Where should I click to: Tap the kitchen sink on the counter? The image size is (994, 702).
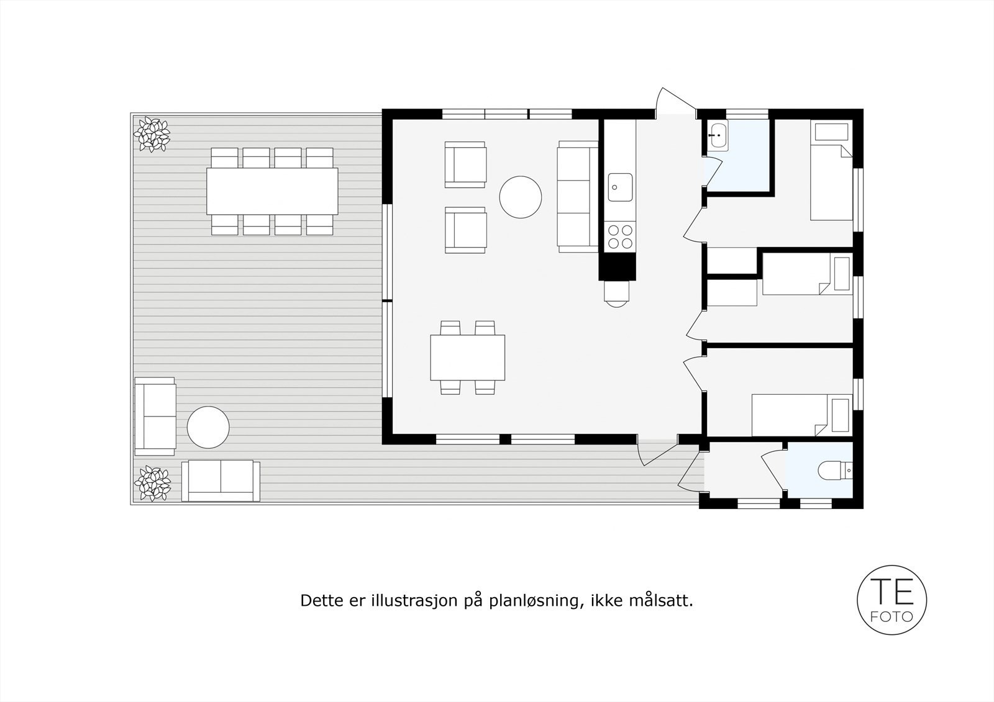click(x=620, y=187)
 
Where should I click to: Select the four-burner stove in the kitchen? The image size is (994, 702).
click(x=620, y=236)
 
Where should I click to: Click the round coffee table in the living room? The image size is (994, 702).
click(x=520, y=197)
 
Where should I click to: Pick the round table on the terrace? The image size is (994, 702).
click(x=208, y=427)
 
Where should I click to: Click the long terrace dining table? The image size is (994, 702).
click(x=272, y=191)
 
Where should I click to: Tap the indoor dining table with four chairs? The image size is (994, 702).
click(x=467, y=358)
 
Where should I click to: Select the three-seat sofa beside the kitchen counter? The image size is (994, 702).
click(x=578, y=197)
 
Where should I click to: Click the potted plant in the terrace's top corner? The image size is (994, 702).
click(x=152, y=134)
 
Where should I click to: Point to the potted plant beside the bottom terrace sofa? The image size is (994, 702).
click(x=152, y=484)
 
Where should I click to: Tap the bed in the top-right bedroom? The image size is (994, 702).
click(x=831, y=170)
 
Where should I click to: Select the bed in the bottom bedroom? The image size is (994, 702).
click(x=802, y=415)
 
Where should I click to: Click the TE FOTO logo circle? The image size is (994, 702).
click(x=891, y=599)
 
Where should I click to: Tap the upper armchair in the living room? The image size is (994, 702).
click(x=465, y=164)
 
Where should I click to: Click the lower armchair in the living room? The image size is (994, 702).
click(x=465, y=230)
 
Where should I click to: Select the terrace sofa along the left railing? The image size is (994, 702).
click(x=155, y=416)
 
